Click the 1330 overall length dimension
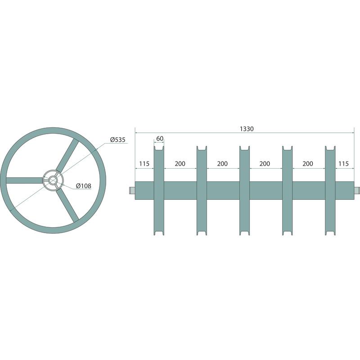pos(247,129)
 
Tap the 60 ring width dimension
pos(160,139)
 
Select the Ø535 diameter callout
pos(117,139)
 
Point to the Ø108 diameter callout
pos(83,185)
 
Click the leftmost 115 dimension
pos(144,164)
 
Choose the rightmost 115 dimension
pos(343,164)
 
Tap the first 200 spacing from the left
pos(180,164)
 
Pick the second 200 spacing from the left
pos(222,164)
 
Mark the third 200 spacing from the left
pos(265,164)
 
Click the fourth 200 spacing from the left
pos(308,164)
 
